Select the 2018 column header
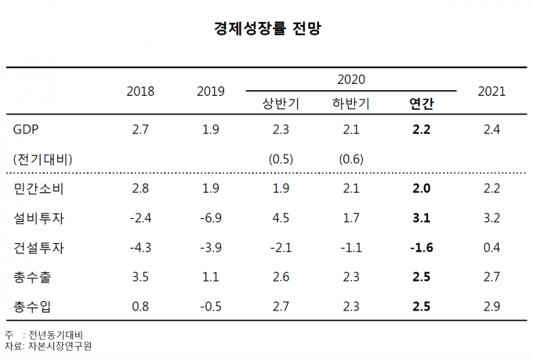(x=140, y=91)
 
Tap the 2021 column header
(x=491, y=91)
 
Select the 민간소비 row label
(x=39, y=189)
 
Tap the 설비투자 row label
(x=39, y=218)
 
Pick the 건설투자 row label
(x=39, y=248)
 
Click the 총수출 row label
(x=33, y=277)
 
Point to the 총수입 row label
(x=33, y=306)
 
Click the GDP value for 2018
(x=140, y=129)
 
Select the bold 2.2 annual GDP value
(x=422, y=129)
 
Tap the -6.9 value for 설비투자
(x=210, y=218)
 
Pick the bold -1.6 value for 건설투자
(x=421, y=248)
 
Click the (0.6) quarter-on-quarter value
(x=351, y=159)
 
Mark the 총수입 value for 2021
(x=491, y=306)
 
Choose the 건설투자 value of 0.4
(x=491, y=248)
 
